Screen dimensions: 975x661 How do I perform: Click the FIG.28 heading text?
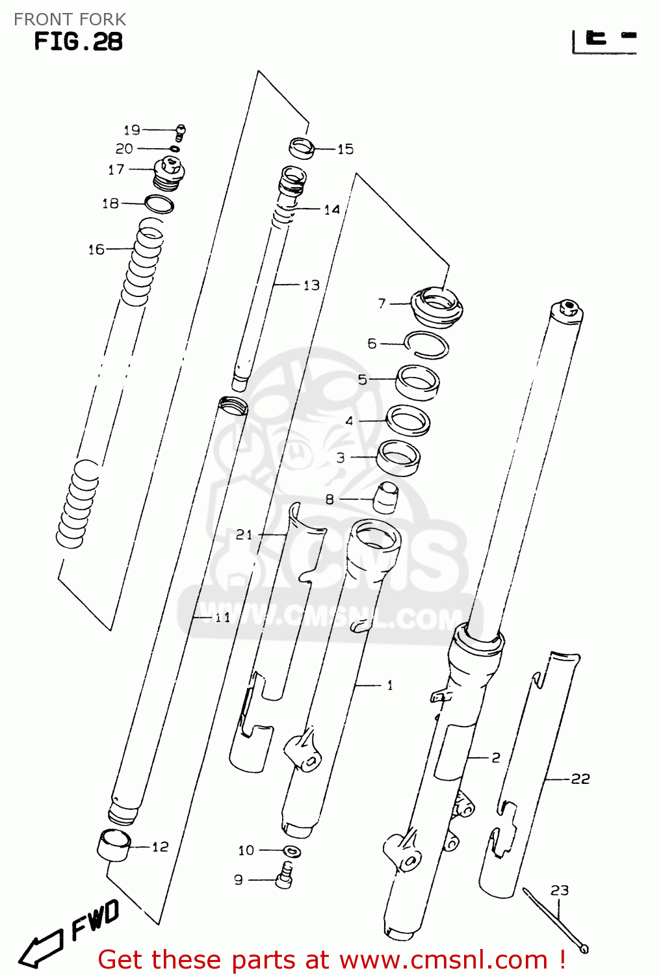click(78, 42)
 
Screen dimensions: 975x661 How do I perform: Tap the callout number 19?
click(132, 130)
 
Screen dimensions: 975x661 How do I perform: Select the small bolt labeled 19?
click(181, 132)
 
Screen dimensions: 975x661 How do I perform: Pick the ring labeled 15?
click(302, 148)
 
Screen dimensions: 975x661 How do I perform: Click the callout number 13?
click(311, 285)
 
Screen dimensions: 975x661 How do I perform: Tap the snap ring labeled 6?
click(426, 344)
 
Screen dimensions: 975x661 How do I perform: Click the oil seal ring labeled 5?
click(417, 382)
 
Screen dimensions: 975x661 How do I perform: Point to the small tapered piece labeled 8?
click(385, 498)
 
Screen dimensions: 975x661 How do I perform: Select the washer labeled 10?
click(292, 851)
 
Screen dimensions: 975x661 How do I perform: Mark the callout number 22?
click(580, 779)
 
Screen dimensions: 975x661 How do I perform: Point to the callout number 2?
click(496, 757)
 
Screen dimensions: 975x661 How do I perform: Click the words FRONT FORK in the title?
click(70, 19)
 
